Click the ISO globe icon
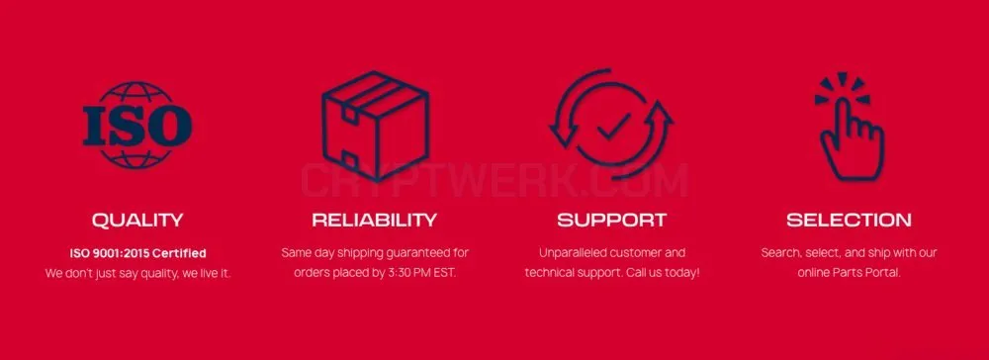137,125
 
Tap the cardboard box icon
375,125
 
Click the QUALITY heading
137,220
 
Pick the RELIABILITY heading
375,220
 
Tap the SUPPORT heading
612,220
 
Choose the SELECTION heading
849,220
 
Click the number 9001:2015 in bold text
123,253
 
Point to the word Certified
180,253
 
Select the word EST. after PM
444,273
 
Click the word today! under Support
683,273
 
